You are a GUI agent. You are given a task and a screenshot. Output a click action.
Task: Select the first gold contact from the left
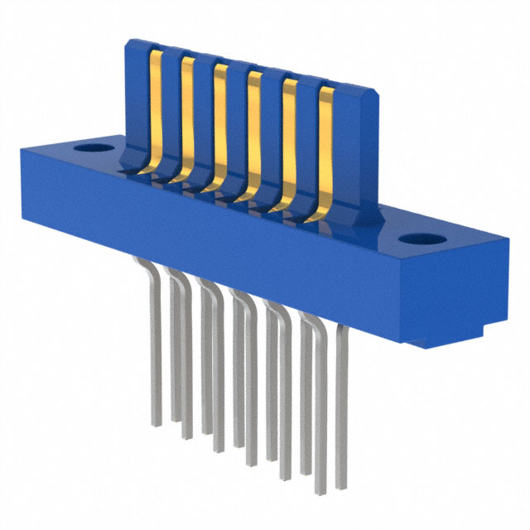(x=153, y=108)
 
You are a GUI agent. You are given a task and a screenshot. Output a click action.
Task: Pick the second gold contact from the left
(x=187, y=116)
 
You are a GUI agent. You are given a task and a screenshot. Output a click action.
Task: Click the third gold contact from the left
(x=220, y=124)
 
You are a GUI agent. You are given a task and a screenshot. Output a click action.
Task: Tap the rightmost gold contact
(x=325, y=149)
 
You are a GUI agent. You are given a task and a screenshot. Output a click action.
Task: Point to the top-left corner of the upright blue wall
(x=129, y=41)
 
